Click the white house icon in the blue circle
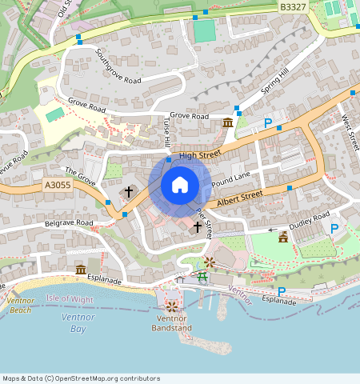180,185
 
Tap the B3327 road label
293,6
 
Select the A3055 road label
58,185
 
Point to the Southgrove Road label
118,68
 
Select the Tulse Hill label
167,132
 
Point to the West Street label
350,132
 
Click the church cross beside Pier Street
198,227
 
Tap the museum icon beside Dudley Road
282,237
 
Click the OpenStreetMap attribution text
81,378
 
